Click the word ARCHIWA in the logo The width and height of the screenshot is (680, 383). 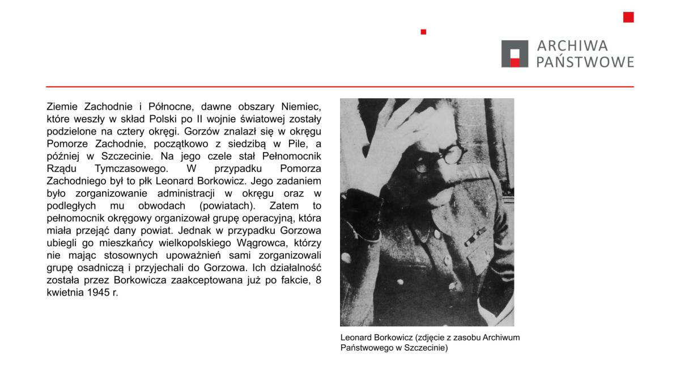pyautogui.click(x=572, y=46)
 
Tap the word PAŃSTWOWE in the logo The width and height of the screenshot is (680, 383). pyautogui.click(x=585, y=62)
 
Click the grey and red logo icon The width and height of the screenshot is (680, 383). pyautogui.click(x=515, y=54)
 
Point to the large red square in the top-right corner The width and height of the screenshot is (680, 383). pyautogui.click(x=628, y=17)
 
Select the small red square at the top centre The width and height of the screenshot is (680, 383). pyautogui.click(x=423, y=32)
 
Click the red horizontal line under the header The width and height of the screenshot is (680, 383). pyautogui.click(x=340, y=87)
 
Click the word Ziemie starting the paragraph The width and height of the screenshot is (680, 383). pyautogui.click(x=62, y=107)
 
